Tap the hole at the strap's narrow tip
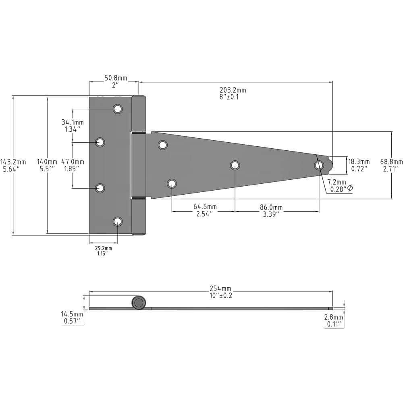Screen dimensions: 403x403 pyautogui.click(x=319, y=165)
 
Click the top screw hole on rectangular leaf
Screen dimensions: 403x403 pyautogui.click(x=118, y=109)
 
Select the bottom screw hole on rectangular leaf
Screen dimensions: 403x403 pyautogui.click(x=118, y=221)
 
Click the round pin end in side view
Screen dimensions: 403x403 pyautogui.click(x=138, y=303)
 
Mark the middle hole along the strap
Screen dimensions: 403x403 pyautogui.click(x=235, y=165)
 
